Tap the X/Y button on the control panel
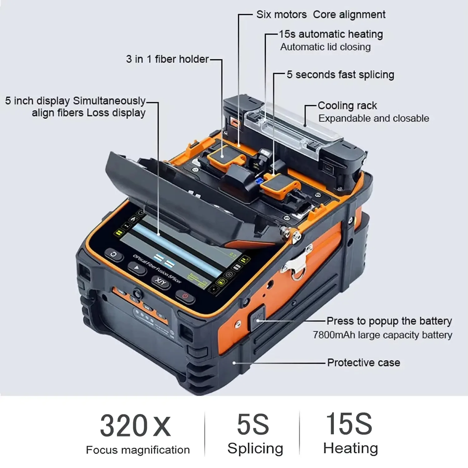click(x=161, y=282)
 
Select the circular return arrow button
click(x=114, y=255)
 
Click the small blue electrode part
click(x=258, y=181)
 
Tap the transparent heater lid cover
click(x=292, y=131)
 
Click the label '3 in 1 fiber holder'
click(x=167, y=59)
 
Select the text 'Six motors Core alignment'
click(x=321, y=15)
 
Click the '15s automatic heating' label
click(x=331, y=34)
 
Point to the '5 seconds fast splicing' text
click(x=340, y=75)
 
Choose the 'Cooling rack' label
click(x=347, y=105)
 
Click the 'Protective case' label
click(x=363, y=363)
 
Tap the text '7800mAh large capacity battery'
click(x=383, y=335)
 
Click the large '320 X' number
click(x=135, y=426)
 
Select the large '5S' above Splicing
click(x=253, y=424)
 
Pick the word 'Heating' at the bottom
click(x=350, y=448)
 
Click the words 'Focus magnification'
click(x=138, y=450)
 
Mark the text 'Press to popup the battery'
click(x=389, y=321)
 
